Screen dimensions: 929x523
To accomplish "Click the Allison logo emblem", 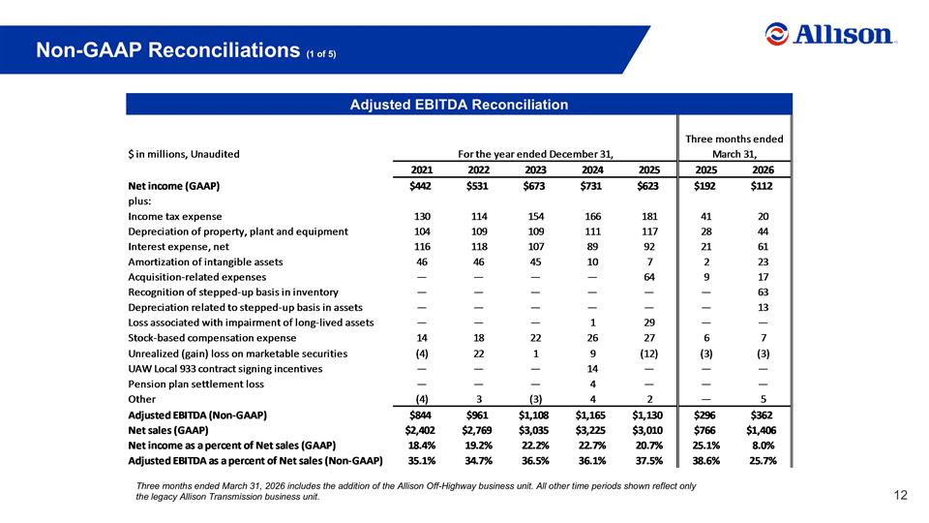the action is pyautogui.click(x=777, y=34).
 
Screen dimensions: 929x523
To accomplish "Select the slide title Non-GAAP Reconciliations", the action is pyautogui.click(x=168, y=49).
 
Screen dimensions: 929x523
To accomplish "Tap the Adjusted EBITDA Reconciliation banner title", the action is pyautogui.click(x=459, y=105).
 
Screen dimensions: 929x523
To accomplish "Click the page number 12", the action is pyautogui.click(x=900, y=495).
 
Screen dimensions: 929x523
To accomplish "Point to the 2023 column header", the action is pyautogui.click(x=535, y=169).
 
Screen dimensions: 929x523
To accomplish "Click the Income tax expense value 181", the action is pyautogui.click(x=649, y=216).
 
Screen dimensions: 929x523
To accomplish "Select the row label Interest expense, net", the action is pyautogui.click(x=178, y=247).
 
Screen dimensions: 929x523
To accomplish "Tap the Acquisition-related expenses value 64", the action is pyautogui.click(x=649, y=277).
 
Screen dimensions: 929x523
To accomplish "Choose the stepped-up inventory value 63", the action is pyautogui.click(x=764, y=292).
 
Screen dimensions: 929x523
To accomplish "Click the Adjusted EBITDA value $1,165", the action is pyautogui.click(x=590, y=415).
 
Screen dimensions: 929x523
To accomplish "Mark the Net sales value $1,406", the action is pyautogui.click(x=762, y=430).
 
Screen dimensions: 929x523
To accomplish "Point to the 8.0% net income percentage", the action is pyautogui.click(x=764, y=446).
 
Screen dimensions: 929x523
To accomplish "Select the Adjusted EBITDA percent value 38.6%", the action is pyautogui.click(x=706, y=461).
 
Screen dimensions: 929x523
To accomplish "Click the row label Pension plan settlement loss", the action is pyautogui.click(x=196, y=384).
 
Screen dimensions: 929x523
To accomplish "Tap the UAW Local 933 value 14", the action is pyautogui.click(x=592, y=368).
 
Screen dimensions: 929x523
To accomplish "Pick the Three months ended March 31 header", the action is pyautogui.click(x=734, y=146).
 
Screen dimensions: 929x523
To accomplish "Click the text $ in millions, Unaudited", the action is pyautogui.click(x=184, y=154).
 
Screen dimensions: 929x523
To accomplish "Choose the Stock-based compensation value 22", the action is pyautogui.click(x=535, y=337).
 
